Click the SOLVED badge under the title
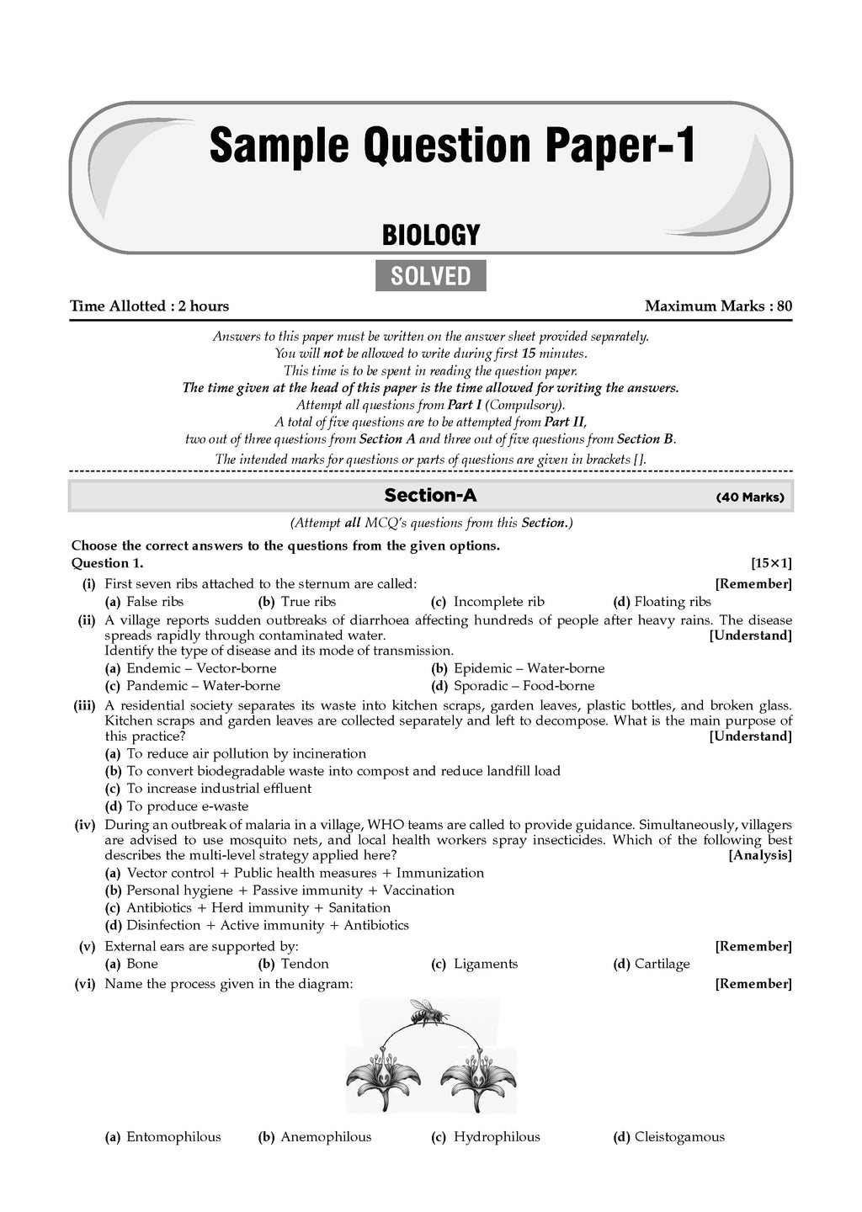pyautogui.click(x=430, y=276)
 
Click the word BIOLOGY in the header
pyautogui.click(x=430, y=235)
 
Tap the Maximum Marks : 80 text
pyautogui.click(x=718, y=306)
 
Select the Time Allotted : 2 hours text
pyautogui.click(x=149, y=306)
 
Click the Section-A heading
pyautogui.click(x=430, y=495)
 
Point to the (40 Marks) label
pyautogui.click(x=749, y=497)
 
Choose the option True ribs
pyautogui.click(x=307, y=602)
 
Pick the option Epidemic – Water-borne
pyautogui.click(x=529, y=668)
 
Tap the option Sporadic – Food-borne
pyautogui.click(x=524, y=686)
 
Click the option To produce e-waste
pyautogui.click(x=187, y=806)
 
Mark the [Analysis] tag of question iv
pyautogui.click(x=760, y=855)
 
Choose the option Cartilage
pyautogui.click(x=662, y=964)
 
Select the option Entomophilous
pyautogui.click(x=173, y=1137)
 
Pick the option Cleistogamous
pyautogui.click(x=678, y=1137)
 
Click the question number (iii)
pyautogui.click(x=84, y=705)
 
